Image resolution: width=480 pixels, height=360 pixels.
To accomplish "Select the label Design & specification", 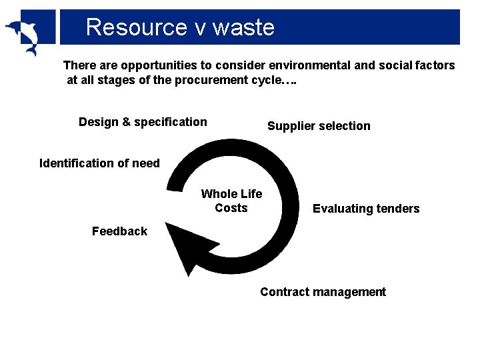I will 143,122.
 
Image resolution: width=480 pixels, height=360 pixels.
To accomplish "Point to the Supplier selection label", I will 319,126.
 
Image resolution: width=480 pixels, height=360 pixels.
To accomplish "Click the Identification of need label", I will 100,163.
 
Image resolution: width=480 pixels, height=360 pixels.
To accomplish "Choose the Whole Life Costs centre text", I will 231,201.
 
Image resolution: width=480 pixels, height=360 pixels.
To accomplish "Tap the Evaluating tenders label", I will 366,209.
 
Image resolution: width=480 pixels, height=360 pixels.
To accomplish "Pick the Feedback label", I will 119,231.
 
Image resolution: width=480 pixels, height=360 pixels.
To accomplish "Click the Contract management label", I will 323,292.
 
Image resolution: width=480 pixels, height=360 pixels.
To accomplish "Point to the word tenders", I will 396,209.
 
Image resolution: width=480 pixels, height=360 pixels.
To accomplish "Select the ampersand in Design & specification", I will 126,122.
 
